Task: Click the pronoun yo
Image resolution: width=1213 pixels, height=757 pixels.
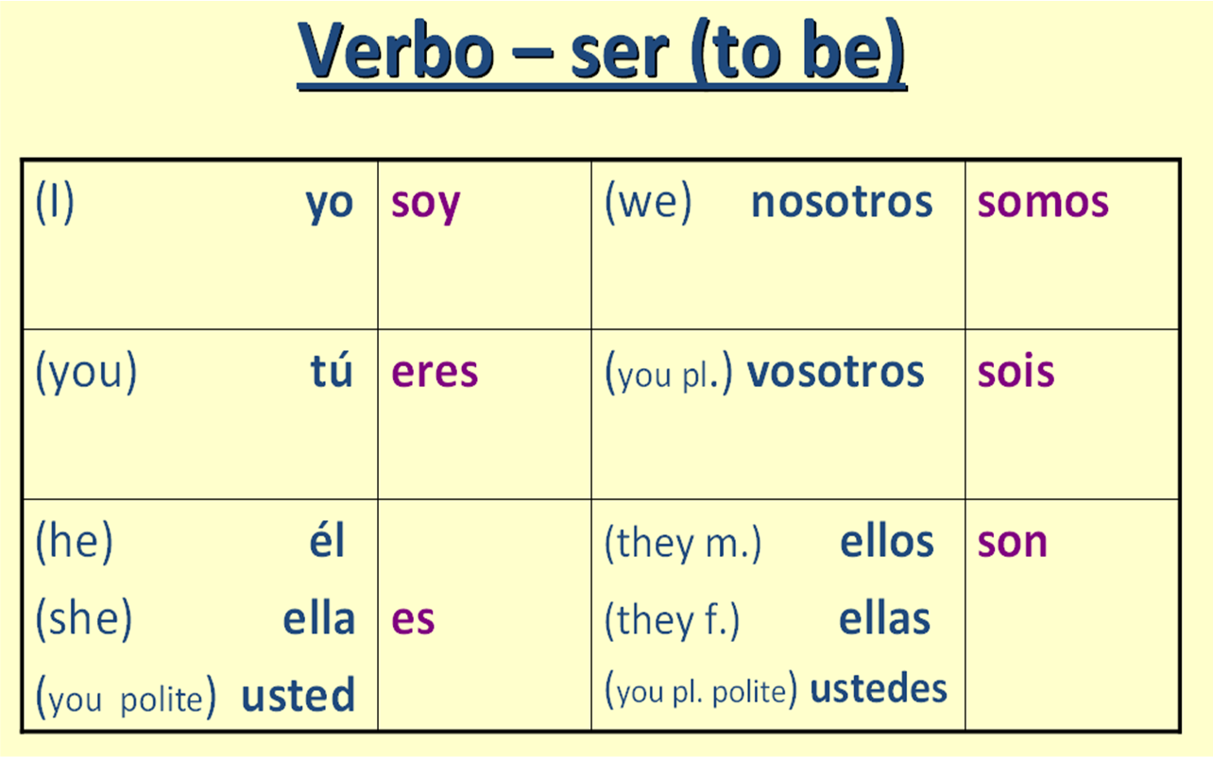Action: click(x=329, y=204)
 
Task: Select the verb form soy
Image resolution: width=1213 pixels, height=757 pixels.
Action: click(x=425, y=204)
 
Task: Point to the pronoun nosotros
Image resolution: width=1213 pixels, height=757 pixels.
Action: click(x=842, y=202)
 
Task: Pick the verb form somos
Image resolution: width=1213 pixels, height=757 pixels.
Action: click(x=1043, y=202)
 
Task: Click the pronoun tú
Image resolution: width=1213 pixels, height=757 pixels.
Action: click(x=332, y=372)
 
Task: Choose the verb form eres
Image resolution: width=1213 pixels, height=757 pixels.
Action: click(x=435, y=372)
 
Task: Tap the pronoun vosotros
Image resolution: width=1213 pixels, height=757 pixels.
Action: click(x=835, y=372)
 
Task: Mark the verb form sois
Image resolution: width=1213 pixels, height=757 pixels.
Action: click(x=1016, y=372)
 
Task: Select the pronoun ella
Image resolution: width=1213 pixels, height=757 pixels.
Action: click(x=318, y=618)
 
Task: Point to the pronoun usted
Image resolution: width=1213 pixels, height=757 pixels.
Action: click(x=299, y=696)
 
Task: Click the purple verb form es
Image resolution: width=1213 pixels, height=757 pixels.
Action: click(x=413, y=620)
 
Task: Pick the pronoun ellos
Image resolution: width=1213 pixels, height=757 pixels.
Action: click(x=886, y=542)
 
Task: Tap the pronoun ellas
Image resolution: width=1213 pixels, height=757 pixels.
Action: click(x=884, y=619)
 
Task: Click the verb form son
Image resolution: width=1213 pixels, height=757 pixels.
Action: click(x=1012, y=543)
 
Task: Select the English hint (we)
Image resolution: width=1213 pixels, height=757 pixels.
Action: click(x=648, y=203)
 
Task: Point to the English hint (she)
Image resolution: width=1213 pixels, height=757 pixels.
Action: click(x=83, y=619)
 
